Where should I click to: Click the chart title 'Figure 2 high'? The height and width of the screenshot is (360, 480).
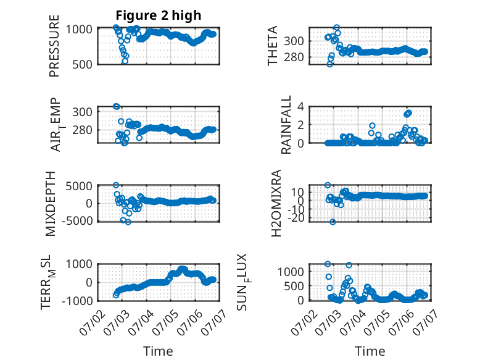tap(159, 15)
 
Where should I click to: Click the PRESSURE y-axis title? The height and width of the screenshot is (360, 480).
tap(54, 46)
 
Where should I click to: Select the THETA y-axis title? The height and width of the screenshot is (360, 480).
tap(272, 46)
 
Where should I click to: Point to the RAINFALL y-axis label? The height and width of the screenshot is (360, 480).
tap(286, 125)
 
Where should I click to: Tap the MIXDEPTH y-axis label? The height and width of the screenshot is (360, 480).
tap(51, 203)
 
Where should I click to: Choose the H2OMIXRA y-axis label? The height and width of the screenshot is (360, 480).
tap(276, 203)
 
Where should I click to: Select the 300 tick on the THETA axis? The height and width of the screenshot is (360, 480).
tap(294, 41)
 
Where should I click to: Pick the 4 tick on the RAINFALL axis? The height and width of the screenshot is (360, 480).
tap(301, 107)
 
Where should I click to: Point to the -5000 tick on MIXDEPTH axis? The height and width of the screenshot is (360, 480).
tap(77, 220)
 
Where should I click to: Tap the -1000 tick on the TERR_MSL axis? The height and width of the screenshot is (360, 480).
tap(77, 301)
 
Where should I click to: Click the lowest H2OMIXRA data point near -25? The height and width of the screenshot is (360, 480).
tap(333, 222)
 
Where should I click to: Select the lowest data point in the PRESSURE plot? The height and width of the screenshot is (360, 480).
tap(125, 61)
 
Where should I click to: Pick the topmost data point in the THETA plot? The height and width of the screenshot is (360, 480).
tap(337, 28)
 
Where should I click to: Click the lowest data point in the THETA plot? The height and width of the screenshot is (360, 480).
tap(329, 64)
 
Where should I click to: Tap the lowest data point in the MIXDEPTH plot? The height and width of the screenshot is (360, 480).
tap(128, 222)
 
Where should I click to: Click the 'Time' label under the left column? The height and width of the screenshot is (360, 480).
tap(159, 351)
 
